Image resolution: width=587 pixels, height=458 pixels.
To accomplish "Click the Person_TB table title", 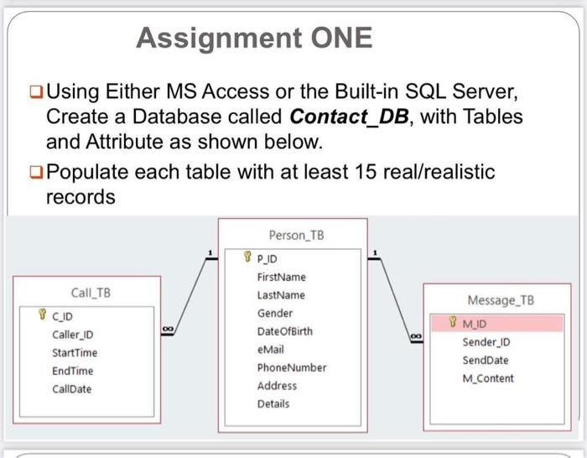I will pyautogui.click(x=294, y=235).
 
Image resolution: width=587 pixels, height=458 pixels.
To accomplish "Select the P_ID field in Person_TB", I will pyautogui.click(x=270, y=259).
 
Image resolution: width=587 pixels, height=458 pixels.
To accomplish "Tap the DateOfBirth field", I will pyautogui.click(x=284, y=331).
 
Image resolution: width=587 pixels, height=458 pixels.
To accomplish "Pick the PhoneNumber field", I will pyautogui.click(x=291, y=367).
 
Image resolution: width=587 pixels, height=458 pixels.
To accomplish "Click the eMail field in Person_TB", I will pyautogui.click(x=272, y=350).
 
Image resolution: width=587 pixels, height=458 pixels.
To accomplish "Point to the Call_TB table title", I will pyautogui.click(x=91, y=293).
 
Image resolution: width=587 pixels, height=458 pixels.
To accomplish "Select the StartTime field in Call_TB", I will pyautogui.click(x=74, y=352).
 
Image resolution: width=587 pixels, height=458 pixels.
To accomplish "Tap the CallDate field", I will pyautogui.click(x=71, y=389).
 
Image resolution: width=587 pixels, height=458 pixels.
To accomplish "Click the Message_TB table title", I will pyautogui.click(x=501, y=299).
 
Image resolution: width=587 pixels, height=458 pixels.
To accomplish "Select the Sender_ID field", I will pyautogui.click(x=486, y=342).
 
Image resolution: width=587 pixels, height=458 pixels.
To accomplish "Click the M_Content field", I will pyautogui.click(x=488, y=378).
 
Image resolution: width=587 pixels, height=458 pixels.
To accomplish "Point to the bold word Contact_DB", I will pyautogui.click(x=351, y=116).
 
